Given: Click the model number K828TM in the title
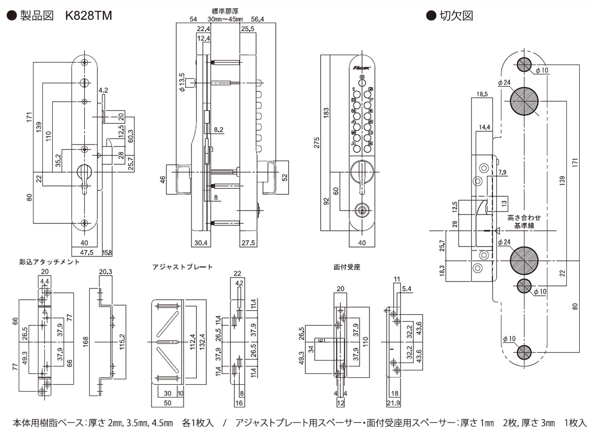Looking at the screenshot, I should point(88,16).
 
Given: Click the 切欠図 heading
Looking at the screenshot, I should point(456,16).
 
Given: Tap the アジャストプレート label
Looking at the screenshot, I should point(183,267).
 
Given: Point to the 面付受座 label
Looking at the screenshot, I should point(347,267).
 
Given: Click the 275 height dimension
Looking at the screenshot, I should point(317,143).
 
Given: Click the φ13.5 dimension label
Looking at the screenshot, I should point(182,81).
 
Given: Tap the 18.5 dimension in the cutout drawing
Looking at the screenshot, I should point(482,94).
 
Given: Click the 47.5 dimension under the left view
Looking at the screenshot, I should point(87,253).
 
